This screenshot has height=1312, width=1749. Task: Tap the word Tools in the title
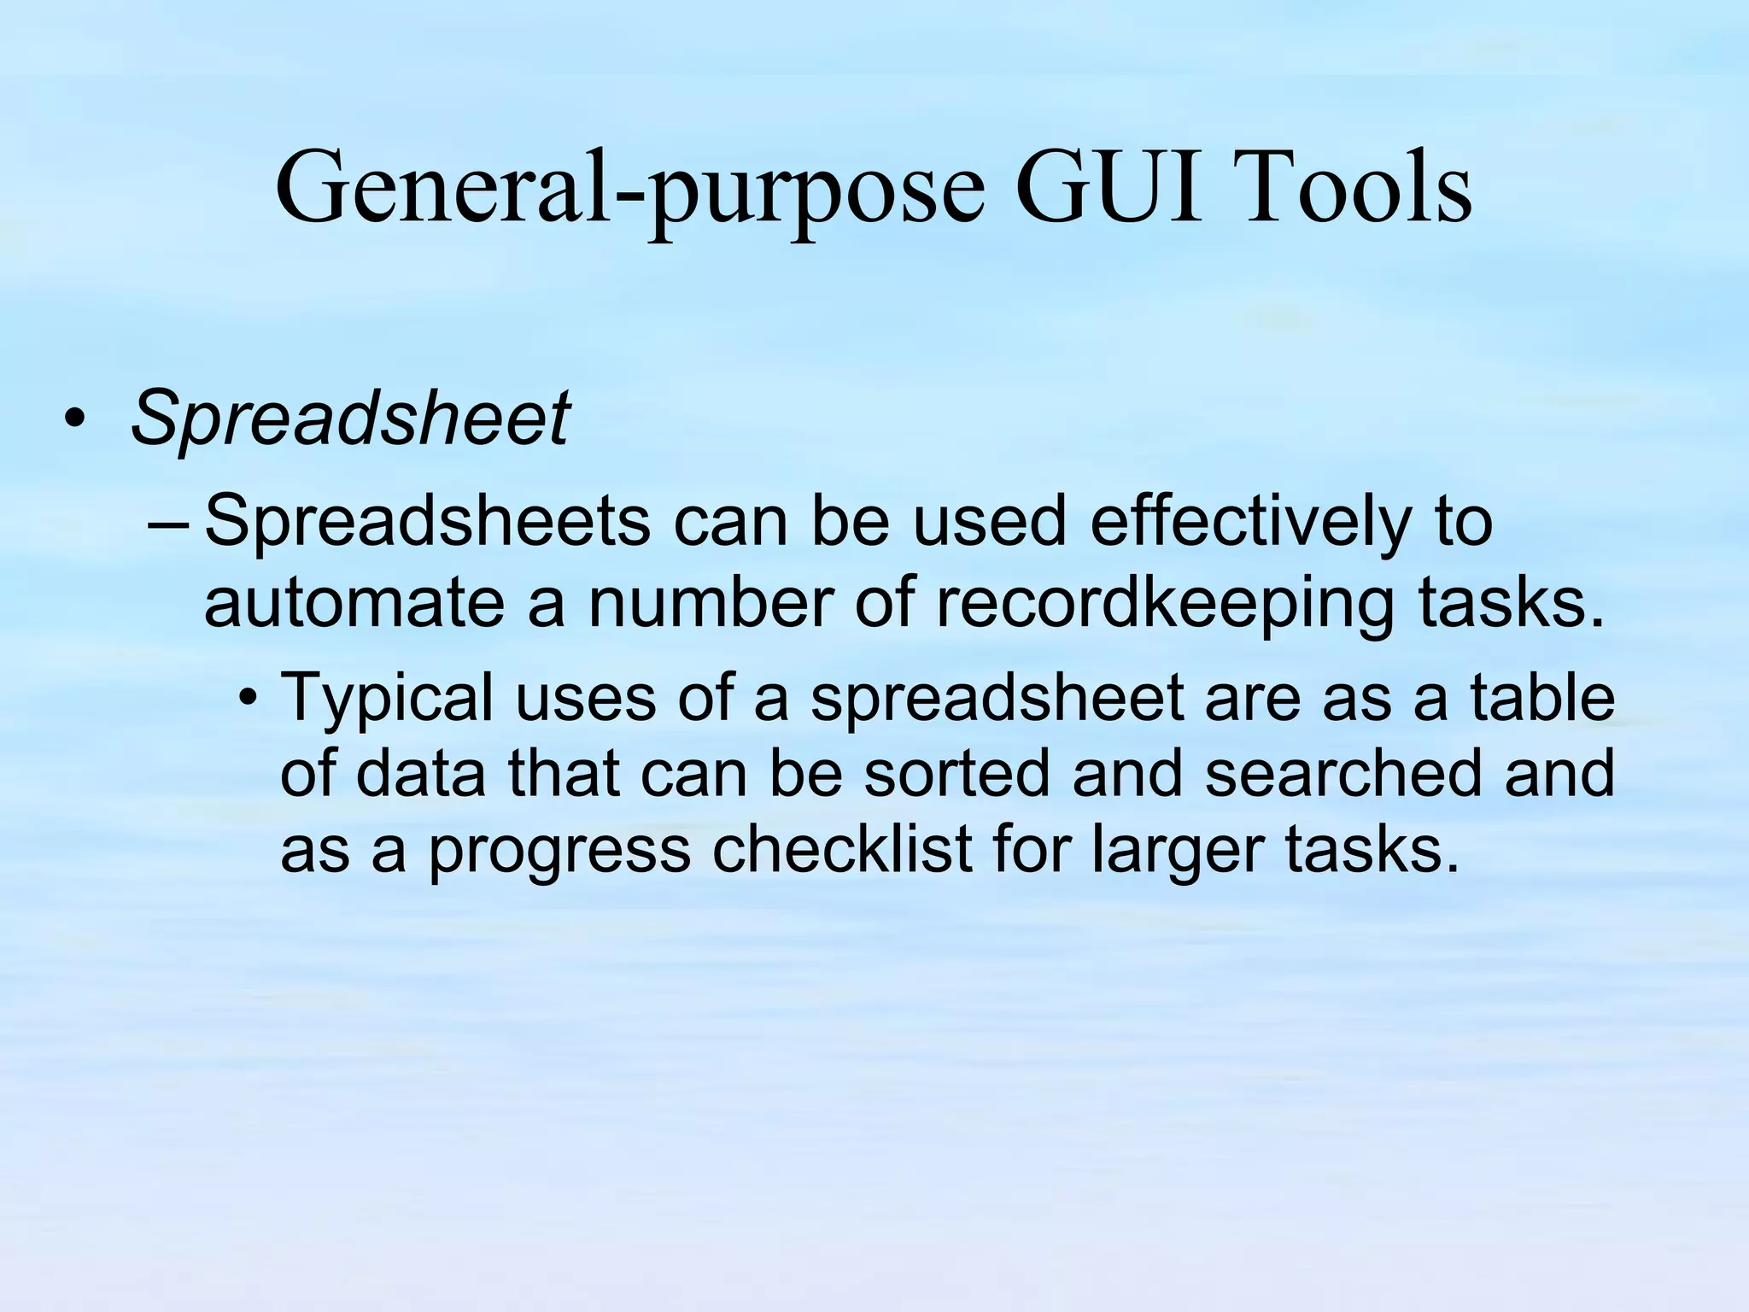[x=1358, y=187]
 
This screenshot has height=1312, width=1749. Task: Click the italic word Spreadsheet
[x=349, y=419]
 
